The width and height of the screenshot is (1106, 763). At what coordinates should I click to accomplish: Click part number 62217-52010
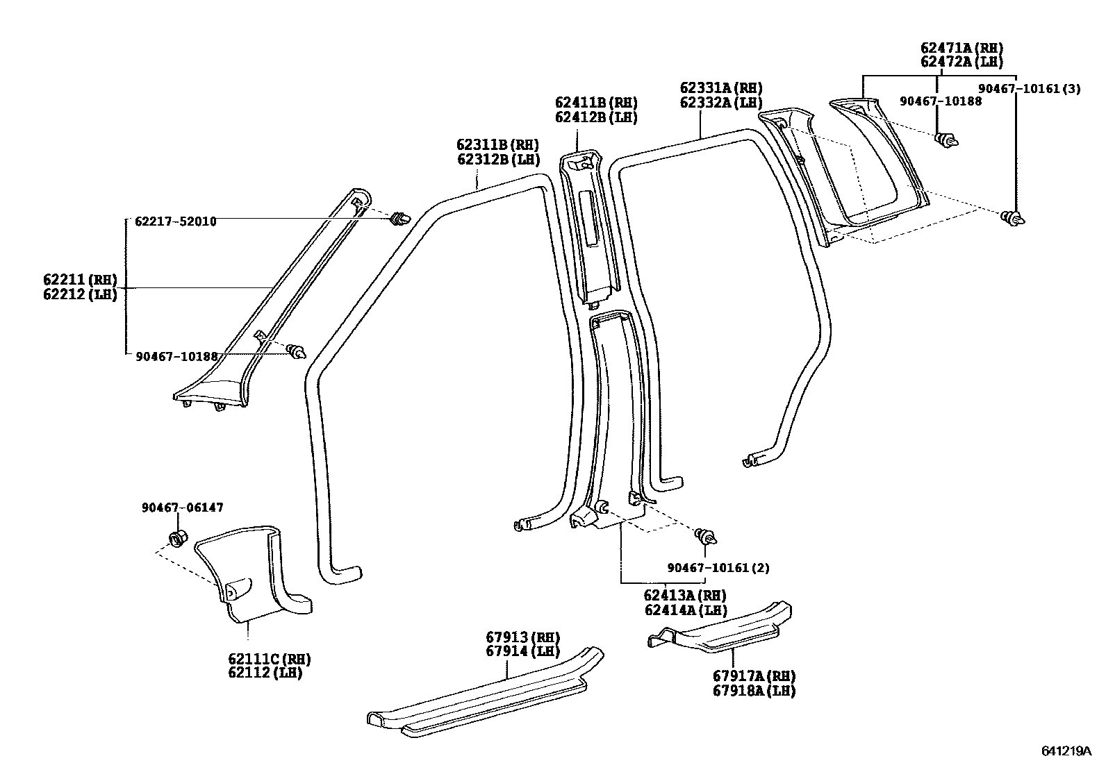point(175,221)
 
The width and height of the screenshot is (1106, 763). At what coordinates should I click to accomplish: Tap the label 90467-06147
point(182,508)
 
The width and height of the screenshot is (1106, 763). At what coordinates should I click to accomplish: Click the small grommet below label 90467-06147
point(178,537)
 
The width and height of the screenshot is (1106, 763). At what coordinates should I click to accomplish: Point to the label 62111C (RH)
point(269,659)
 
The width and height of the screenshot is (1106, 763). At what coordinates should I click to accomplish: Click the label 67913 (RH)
point(522,637)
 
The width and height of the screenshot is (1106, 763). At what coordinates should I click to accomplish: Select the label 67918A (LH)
point(753,691)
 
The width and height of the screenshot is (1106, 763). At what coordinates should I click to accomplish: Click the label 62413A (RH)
point(684,596)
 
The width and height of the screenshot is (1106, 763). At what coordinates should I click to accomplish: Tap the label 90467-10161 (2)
point(718,568)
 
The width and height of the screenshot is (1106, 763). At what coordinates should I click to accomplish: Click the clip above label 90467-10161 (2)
point(707,535)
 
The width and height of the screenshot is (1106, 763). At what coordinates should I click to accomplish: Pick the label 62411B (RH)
point(595,103)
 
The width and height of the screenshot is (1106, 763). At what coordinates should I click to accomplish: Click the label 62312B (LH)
point(497,159)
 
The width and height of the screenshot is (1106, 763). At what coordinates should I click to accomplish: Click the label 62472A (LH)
point(961,62)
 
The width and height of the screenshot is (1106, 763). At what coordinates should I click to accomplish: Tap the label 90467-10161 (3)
point(1030,89)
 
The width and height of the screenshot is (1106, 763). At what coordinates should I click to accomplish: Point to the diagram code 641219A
point(1066,751)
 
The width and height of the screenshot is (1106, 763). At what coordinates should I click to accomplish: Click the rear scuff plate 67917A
point(723,632)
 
